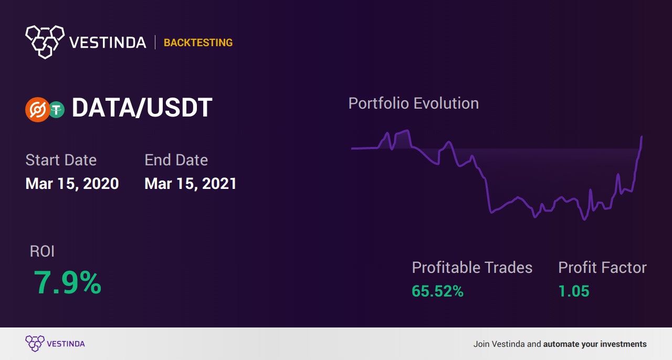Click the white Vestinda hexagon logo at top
coord(45,42)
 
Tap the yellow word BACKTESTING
coord(198,43)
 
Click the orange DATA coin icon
coord(37,110)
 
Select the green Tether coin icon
coord(57,110)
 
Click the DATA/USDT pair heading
coord(142,108)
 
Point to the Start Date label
coord(61,160)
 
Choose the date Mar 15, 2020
coord(72,184)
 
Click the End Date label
coord(176,160)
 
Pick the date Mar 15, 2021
coord(191,184)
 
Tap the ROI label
coord(42,251)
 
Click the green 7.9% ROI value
coord(68,282)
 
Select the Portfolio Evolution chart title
coord(414,104)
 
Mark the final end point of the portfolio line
coord(642,136)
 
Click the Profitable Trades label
coord(472,267)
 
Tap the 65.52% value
coord(437,291)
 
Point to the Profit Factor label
coord(602,267)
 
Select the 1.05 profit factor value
coord(574,291)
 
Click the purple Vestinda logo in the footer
coord(55,344)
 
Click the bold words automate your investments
coord(595,344)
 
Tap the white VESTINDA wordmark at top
coord(108,43)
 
